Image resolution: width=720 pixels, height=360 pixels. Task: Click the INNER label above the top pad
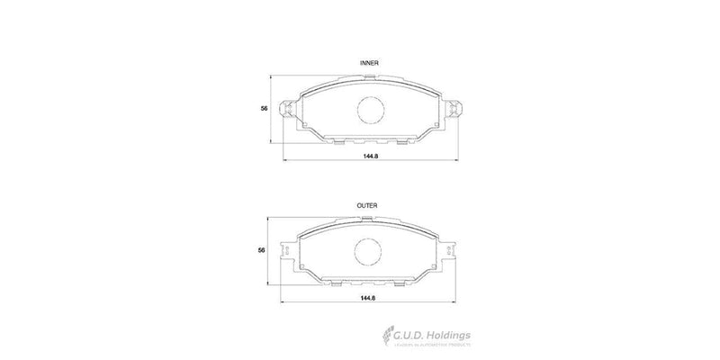369,63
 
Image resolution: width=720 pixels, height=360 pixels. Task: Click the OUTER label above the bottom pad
368,206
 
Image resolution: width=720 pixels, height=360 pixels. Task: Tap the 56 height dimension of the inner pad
264,108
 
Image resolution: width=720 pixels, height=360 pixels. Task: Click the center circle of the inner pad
370,110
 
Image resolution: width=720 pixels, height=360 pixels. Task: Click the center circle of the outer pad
368,251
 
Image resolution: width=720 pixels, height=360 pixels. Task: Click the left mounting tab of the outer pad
289,252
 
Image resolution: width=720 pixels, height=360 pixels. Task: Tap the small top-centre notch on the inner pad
370,77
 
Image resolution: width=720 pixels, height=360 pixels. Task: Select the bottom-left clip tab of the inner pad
338,140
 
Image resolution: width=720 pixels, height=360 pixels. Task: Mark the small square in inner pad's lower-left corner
305,124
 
